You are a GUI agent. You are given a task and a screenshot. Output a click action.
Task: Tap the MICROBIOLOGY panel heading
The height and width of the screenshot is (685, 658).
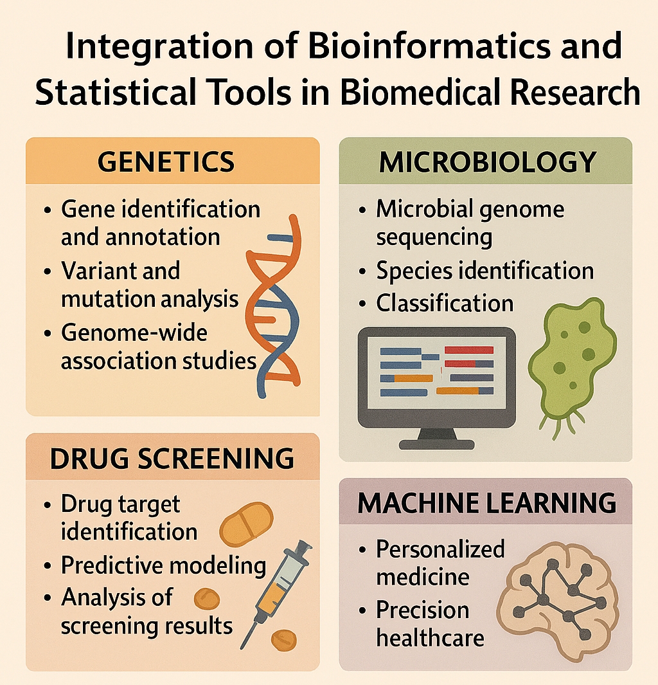point(487,163)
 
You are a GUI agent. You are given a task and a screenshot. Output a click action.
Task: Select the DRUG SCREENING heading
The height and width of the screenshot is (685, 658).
point(172,459)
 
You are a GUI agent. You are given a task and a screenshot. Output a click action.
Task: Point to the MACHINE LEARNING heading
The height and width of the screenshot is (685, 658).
point(487,503)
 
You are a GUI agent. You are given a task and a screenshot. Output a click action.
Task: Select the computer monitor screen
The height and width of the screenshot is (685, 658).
point(437,377)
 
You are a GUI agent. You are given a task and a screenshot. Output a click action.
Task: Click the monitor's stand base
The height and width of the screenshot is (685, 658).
point(437,444)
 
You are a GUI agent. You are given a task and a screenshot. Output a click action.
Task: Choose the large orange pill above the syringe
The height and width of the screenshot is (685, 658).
point(246,524)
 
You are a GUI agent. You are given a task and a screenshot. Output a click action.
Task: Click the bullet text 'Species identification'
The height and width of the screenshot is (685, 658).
point(485,271)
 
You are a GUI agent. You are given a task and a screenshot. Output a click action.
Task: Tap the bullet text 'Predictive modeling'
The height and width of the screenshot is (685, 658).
point(163,565)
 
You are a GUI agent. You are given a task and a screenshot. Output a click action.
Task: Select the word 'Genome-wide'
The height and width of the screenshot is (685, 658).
point(134,333)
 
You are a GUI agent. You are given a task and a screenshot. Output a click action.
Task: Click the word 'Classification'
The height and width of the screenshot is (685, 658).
point(445,303)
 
